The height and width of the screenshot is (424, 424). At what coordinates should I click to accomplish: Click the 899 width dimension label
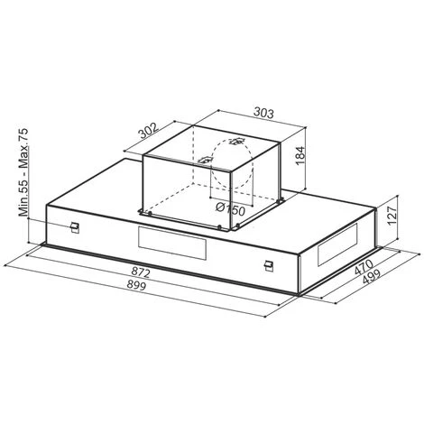click(136, 285)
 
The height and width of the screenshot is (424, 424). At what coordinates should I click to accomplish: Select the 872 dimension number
click(141, 272)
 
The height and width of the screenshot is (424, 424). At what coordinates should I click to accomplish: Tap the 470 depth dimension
click(364, 267)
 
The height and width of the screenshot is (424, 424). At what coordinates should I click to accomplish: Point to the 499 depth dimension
click(372, 276)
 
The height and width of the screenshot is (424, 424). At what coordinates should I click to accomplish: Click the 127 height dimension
click(392, 216)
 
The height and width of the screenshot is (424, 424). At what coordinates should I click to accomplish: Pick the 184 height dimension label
click(300, 155)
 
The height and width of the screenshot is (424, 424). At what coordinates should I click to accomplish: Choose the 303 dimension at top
click(264, 113)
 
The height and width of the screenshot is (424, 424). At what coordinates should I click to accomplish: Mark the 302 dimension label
click(148, 131)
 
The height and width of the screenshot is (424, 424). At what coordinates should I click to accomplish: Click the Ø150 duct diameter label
click(230, 209)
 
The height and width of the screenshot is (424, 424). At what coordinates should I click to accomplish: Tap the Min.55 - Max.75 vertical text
click(23, 172)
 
